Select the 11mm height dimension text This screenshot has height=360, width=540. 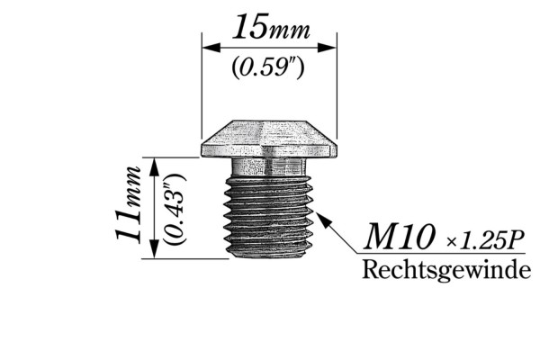(x=129, y=203)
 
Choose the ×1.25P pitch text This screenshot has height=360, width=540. (x=485, y=240)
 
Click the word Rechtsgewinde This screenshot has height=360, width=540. (x=445, y=270)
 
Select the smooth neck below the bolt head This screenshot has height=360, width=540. (x=269, y=167)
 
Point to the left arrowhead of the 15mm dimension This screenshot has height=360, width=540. (x=207, y=47)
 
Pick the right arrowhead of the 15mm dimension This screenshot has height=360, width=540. (x=331, y=47)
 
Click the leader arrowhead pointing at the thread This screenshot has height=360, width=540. (x=318, y=216)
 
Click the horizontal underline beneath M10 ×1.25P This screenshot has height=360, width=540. (x=441, y=255)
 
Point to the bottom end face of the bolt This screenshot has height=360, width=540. (x=269, y=255)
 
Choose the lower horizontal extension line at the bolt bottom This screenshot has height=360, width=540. (x=189, y=259)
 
